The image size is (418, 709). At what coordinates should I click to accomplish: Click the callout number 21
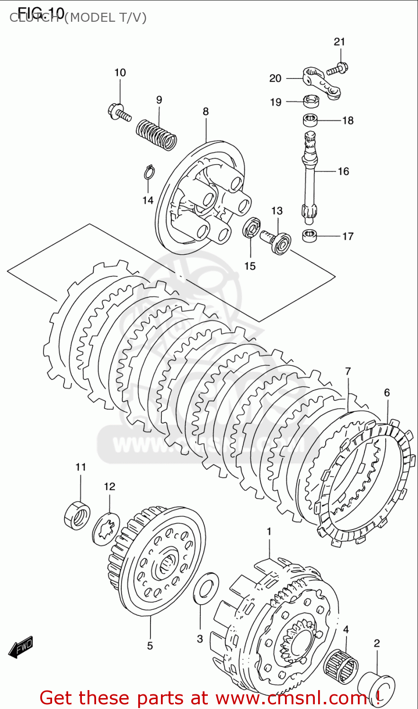click(339, 42)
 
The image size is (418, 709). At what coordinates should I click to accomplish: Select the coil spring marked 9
click(157, 133)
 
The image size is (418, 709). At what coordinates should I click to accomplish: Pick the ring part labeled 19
click(311, 100)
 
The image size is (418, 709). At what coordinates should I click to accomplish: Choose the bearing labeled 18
click(311, 120)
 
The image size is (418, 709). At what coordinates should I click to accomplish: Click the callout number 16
click(343, 171)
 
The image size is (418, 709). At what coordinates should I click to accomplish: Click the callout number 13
click(277, 211)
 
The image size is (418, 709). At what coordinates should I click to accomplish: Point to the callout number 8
click(205, 112)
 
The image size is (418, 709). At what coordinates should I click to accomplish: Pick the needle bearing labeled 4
click(341, 667)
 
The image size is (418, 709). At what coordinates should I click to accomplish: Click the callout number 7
click(348, 371)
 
